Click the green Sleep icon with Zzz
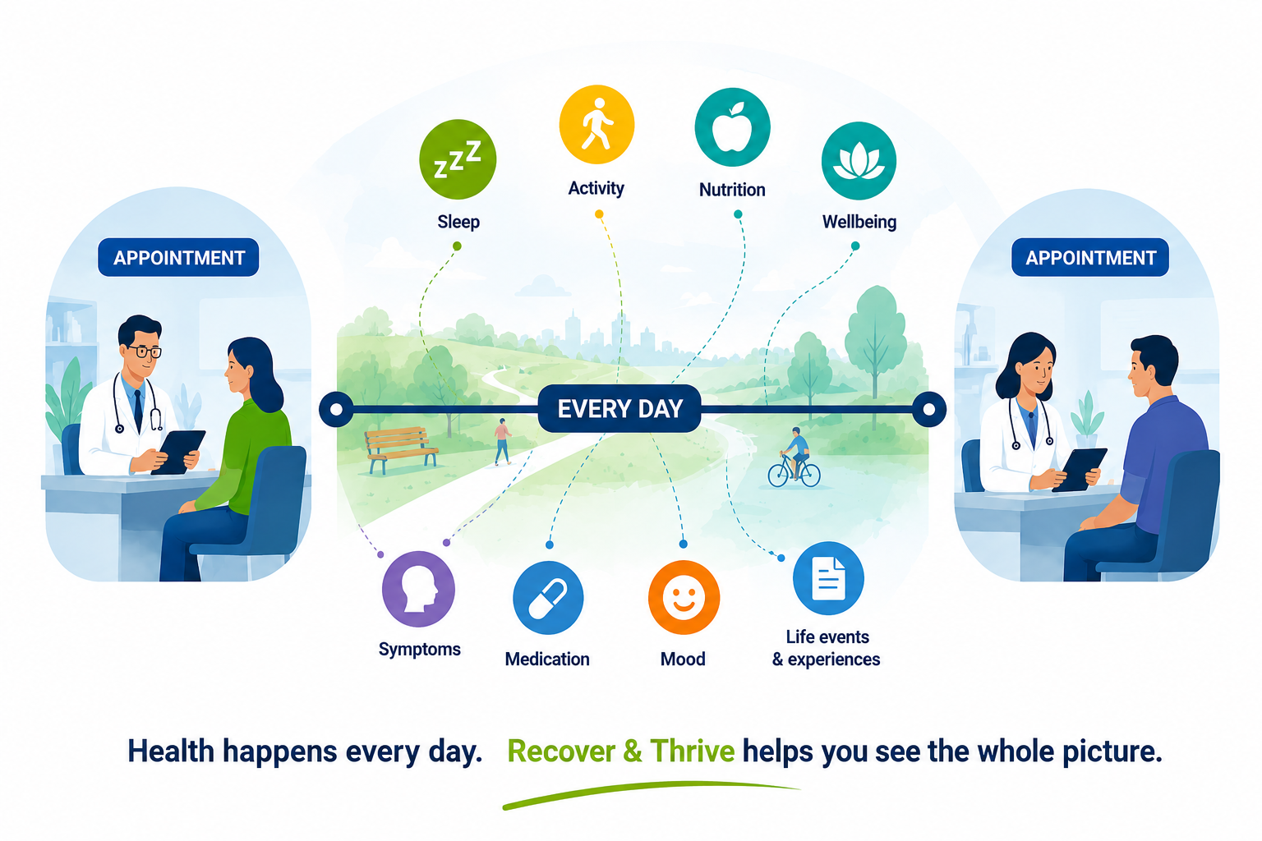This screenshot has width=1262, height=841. pyautogui.click(x=458, y=159)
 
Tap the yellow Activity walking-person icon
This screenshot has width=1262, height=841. pyautogui.click(x=596, y=125)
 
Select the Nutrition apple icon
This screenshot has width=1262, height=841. pyautogui.click(x=732, y=126)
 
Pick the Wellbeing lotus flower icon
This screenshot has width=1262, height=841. pyautogui.click(x=859, y=160)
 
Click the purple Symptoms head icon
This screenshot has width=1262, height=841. pyautogui.click(x=418, y=589)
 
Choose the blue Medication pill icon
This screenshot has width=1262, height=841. pyautogui.click(x=548, y=598)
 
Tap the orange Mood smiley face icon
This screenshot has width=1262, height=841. pyautogui.click(x=684, y=598)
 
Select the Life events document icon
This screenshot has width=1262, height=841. pyautogui.click(x=828, y=578)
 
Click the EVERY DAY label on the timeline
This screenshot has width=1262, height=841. pyautogui.click(x=619, y=409)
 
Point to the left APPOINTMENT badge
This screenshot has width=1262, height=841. pyautogui.click(x=178, y=257)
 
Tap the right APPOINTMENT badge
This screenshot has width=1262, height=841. pyautogui.click(x=1090, y=257)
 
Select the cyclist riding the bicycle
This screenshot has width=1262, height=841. pyautogui.click(x=795, y=459)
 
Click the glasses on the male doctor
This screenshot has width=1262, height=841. pyautogui.click(x=145, y=352)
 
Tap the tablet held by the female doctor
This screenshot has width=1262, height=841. pyautogui.click(x=1079, y=469)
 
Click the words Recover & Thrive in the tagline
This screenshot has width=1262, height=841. pyautogui.click(x=621, y=751)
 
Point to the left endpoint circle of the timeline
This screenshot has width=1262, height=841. pyautogui.click(x=336, y=410)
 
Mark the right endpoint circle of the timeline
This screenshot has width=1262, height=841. pyautogui.click(x=928, y=410)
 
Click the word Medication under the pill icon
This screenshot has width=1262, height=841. pyautogui.click(x=547, y=659)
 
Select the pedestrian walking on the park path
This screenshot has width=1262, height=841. pyautogui.click(x=502, y=442)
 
